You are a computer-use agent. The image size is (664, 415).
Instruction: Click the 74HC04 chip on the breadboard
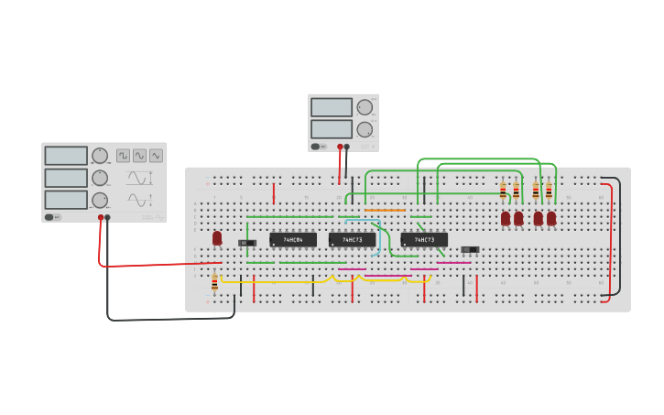(293, 240)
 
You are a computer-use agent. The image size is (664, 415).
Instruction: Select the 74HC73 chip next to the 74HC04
(353, 240)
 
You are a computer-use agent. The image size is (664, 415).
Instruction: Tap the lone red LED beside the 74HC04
(217, 237)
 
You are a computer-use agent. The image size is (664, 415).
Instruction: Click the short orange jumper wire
(385, 210)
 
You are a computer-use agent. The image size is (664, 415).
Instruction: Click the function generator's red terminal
(101, 218)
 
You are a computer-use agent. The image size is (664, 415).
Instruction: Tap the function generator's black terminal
(108, 218)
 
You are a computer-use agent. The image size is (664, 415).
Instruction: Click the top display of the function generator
(66, 156)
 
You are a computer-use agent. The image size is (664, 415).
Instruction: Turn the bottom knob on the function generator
(99, 200)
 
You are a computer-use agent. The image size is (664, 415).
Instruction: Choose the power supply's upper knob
(365, 107)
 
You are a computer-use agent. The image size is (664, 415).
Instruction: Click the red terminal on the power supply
(340, 147)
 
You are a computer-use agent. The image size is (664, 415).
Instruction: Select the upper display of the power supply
(331, 107)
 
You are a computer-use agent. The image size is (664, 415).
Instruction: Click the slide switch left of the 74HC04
(246, 243)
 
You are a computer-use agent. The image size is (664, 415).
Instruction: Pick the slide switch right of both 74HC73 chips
(470, 249)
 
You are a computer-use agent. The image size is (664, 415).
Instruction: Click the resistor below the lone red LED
(215, 283)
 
